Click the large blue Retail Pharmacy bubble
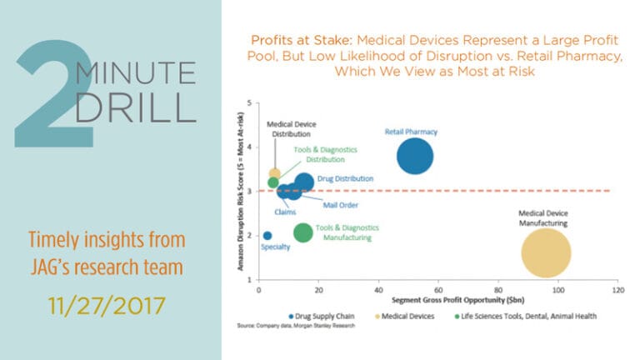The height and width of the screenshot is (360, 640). [x=415, y=157]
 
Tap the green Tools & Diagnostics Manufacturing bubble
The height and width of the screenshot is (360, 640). [x=303, y=232]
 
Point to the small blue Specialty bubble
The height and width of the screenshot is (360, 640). [x=267, y=236]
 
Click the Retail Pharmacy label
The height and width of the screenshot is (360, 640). [x=411, y=132]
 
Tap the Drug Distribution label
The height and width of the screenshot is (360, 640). [x=345, y=178]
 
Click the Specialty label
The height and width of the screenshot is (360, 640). [x=276, y=247]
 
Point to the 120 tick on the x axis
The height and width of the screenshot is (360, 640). [x=617, y=289]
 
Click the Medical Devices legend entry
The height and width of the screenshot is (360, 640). [x=410, y=316]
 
